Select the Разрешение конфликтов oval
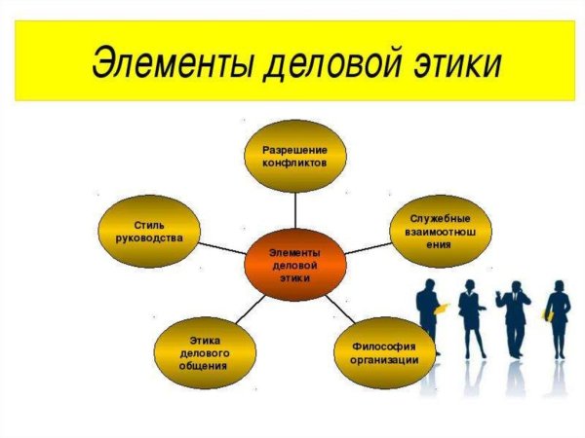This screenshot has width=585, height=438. click(x=293, y=156)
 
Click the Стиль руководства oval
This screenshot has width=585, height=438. click(x=151, y=229)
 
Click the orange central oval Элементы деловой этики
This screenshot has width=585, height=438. click(x=293, y=264)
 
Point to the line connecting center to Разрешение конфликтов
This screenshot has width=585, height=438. click(x=294, y=210)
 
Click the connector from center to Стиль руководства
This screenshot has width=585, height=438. click(x=222, y=246)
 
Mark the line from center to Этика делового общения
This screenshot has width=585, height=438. click(x=251, y=310)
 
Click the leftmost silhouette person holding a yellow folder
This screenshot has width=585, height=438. click(x=429, y=316)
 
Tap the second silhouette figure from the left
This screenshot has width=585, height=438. click(x=472, y=316)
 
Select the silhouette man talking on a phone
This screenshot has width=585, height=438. click(x=514, y=316)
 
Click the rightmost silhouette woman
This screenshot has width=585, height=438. click(x=558, y=316)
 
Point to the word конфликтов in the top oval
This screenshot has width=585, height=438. click(x=293, y=163)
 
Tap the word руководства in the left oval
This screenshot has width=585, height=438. click(x=151, y=236)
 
